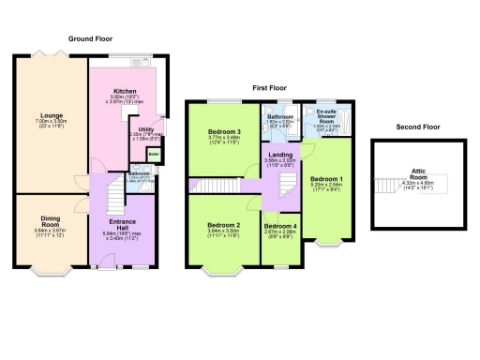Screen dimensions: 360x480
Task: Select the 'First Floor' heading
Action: pos(270,86)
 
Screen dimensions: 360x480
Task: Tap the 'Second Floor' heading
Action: pos(417,126)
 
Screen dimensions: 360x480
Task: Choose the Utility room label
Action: pos(146,130)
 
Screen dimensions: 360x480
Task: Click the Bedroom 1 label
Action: pos(326,178)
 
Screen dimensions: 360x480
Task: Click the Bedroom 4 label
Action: pos(279,226)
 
